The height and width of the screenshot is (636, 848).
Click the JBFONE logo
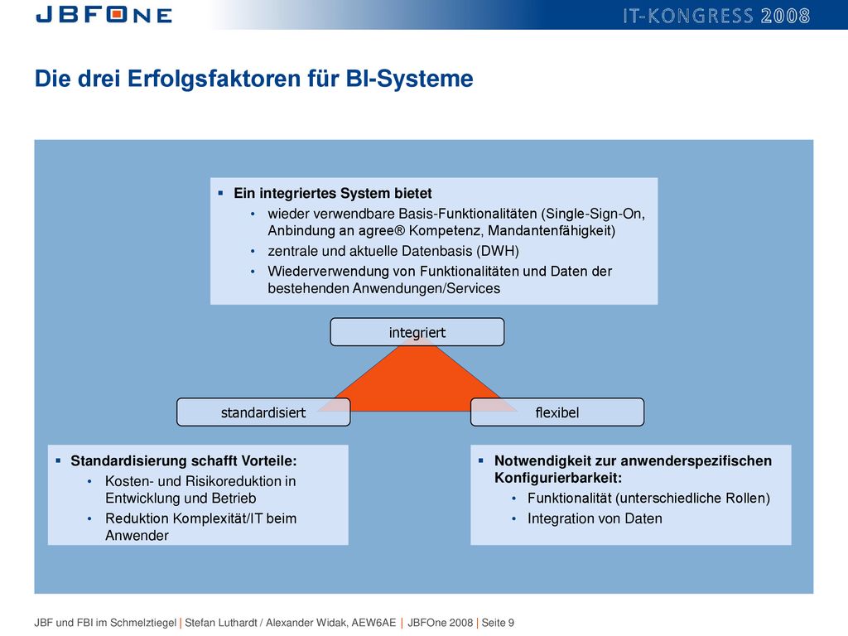click(104, 15)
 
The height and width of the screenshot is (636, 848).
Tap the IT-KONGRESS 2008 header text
click(716, 16)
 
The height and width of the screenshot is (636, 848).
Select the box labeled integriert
click(417, 332)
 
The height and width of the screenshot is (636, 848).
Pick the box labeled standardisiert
click(263, 412)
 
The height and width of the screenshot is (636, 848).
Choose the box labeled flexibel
click(557, 412)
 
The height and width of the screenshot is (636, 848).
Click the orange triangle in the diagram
click(417, 378)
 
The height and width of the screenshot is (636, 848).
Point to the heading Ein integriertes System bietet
click(333, 193)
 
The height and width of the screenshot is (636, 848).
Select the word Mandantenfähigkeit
click(552, 231)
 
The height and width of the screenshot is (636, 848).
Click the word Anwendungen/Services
click(426, 288)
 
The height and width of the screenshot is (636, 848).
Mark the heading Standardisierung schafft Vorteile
click(184, 460)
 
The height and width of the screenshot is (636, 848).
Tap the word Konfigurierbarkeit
click(558, 478)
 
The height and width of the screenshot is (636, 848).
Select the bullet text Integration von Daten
click(595, 518)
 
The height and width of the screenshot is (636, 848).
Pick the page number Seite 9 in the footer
click(498, 623)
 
